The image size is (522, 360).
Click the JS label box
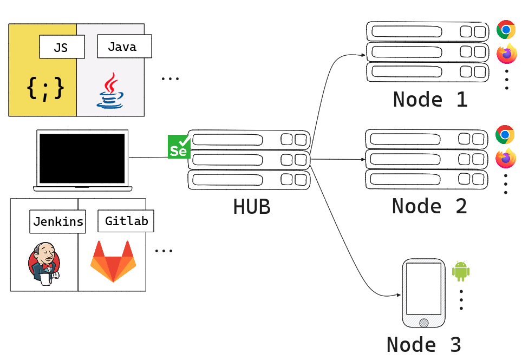click(x=62, y=47)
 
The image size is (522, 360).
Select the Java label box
click(x=124, y=47)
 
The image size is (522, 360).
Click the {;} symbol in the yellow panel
click(x=45, y=89)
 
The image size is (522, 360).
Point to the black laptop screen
click(x=82, y=158)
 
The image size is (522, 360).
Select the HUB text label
click(x=252, y=207)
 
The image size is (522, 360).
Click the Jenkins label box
click(x=58, y=221)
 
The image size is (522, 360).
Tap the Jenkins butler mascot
click(x=44, y=263)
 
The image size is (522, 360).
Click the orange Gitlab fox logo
click(x=113, y=261)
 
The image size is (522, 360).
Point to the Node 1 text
click(x=430, y=100)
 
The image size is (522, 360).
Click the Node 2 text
click(x=429, y=206)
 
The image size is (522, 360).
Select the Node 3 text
click(x=423, y=344)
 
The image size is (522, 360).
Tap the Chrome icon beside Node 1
click(x=506, y=30)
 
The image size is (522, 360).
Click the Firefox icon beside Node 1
click(x=507, y=54)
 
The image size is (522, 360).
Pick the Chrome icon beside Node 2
click(x=505, y=134)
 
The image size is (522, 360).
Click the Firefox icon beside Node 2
click(x=506, y=158)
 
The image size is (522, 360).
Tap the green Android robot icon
click(x=461, y=271)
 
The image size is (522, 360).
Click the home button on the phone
click(x=424, y=323)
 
